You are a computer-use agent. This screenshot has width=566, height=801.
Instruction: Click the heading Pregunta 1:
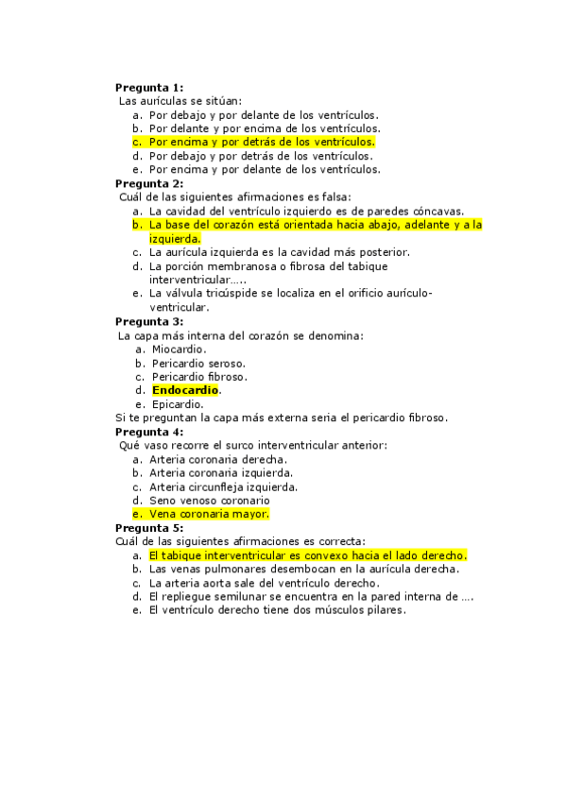(x=149, y=87)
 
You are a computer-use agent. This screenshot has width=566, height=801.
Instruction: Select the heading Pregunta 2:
(x=149, y=183)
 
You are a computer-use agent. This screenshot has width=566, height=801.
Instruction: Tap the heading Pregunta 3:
(x=149, y=321)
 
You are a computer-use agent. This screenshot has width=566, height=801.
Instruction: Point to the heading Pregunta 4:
(x=149, y=432)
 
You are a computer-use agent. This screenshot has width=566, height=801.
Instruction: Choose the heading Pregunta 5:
(x=149, y=528)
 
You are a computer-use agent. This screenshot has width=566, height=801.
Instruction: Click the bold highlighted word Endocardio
(x=185, y=390)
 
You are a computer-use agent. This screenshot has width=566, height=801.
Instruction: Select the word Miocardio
(x=179, y=349)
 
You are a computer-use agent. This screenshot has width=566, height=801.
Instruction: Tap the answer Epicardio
(x=178, y=404)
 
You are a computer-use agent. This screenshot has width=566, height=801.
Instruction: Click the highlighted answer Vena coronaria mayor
(x=209, y=514)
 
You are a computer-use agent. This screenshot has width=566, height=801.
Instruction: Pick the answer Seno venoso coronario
(x=209, y=501)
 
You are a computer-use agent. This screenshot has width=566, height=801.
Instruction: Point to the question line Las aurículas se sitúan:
(x=180, y=100)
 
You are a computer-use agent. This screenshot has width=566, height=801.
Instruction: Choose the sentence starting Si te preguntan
(x=282, y=418)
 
